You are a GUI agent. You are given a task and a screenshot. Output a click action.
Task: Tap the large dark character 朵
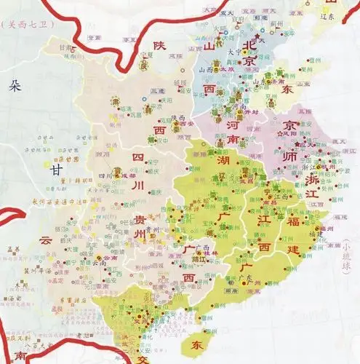click(x=15, y=87)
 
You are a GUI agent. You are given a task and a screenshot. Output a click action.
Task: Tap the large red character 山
click(x=212, y=47)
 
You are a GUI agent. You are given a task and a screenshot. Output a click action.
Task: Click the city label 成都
click(x=128, y=175)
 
